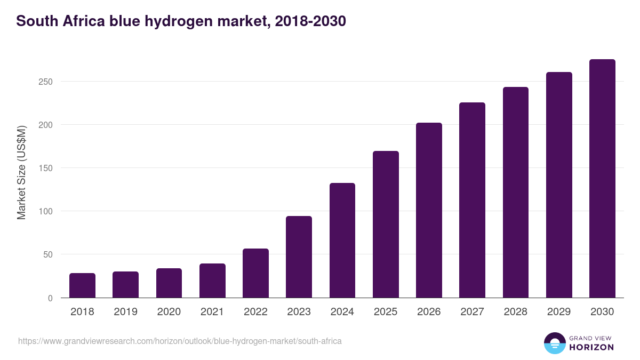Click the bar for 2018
tap(82, 285)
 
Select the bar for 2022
tap(255, 273)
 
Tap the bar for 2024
tap(342, 240)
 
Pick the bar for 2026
tap(429, 210)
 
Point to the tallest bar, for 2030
tap(602, 179)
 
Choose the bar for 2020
tap(169, 283)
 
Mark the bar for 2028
tap(516, 192)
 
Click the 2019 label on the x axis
tap(125, 312)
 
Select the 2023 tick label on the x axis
tap(299, 312)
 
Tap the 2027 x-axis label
tap(472, 312)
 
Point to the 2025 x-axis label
tap(386, 312)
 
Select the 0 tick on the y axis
tap(50, 298)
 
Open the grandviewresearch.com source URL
tap(180, 341)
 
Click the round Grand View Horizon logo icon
tap(555, 343)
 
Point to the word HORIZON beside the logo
tap(591, 347)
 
